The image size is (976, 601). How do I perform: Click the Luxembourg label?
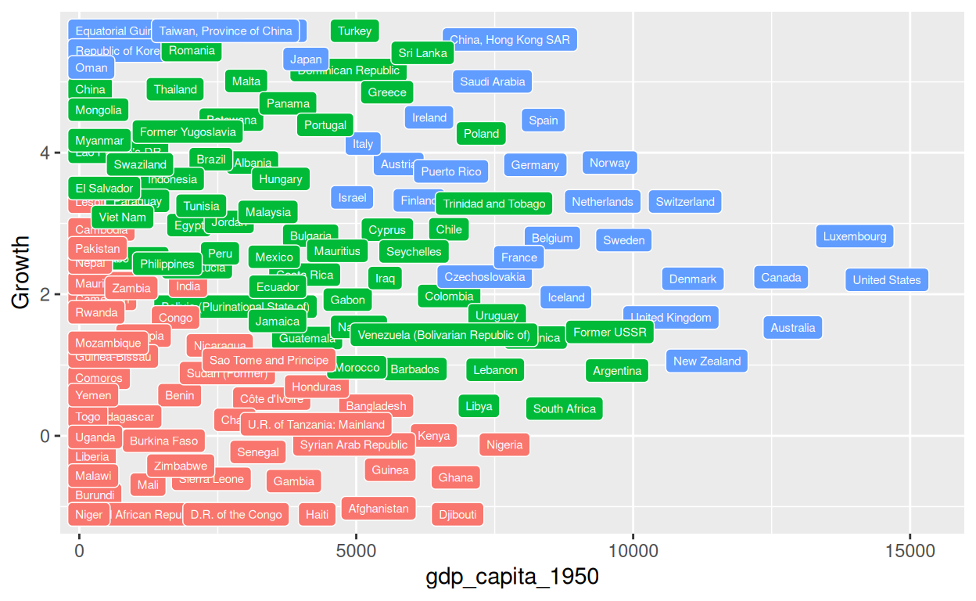(854, 236)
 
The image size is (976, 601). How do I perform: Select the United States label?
(887, 279)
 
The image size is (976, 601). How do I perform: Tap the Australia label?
(793, 328)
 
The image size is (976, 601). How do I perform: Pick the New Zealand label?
(707, 361)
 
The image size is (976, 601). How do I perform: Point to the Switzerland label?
(685, 201)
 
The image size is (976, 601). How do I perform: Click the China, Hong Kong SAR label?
(510, 39)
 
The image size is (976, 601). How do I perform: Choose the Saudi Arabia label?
(493, 81)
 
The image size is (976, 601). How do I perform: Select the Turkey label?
(355, 31)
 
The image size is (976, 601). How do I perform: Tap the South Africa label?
(565, 408)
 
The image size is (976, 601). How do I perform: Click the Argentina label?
(617, 371)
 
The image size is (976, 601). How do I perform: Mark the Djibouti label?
(457, 514)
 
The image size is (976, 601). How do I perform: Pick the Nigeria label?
(504, 444)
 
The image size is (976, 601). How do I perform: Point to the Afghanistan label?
(379, 509)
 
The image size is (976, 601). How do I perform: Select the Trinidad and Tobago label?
(494, 203)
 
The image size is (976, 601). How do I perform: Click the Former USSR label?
(610, 333)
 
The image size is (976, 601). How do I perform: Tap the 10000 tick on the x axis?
(633, 551)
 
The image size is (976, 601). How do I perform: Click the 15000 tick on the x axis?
(910, 551)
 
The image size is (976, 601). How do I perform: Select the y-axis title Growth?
(22, 273)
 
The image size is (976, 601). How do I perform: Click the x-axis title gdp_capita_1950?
(512, 578)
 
